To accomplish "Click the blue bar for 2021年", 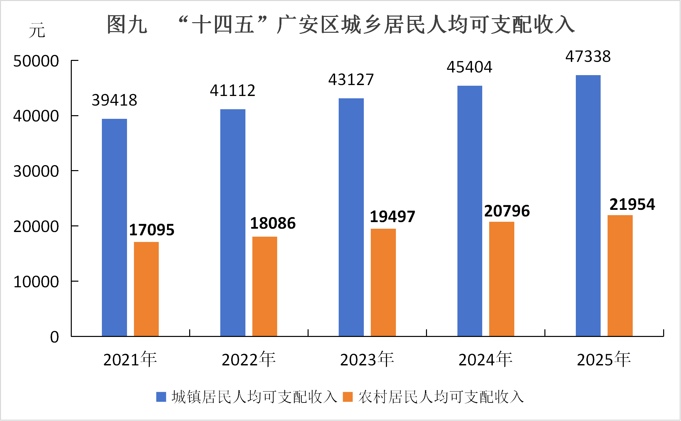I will pyautogui.click(x=114, y=227).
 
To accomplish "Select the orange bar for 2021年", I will pyautogui.click(x=146, y=289).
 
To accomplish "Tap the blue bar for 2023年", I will pyautogui.click(x=351, y=217).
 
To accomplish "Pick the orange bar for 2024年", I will pyautogui.click(x=501, y=279).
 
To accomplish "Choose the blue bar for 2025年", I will pyautogui.click(x=588, y=206).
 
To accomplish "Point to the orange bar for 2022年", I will pyautogui.click(x=265, y=286).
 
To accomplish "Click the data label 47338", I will pyautogui.click(x=588, y=57).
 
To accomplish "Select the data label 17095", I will pyautogui.click(x=151, y=230).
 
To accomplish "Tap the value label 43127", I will pyautogui.click(x=351, y=80).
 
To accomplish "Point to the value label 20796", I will pyautogui.click(x=507, y=211).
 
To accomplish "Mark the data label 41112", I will pyautogui.click(x=233, y=91).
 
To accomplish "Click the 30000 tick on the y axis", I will pyautogui.click(x=36, y=171).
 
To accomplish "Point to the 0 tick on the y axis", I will pyautogui.click(x=55, y=337).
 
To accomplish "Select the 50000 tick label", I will pyautogui.click(x=36, y=61).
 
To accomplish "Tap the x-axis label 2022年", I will pyautogui.click(x=249, y=359).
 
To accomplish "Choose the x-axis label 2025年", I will pyautogui.click(x=604, y=359).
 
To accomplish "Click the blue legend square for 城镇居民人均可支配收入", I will pyautogui.click(x=161, y=397).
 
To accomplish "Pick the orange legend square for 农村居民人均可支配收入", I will pyautogui.click(x=348, y=397).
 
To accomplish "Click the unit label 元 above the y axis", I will pyautogui.click(x=37, y=30).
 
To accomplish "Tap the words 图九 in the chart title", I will pyautogui.click(x=127, y=24).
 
